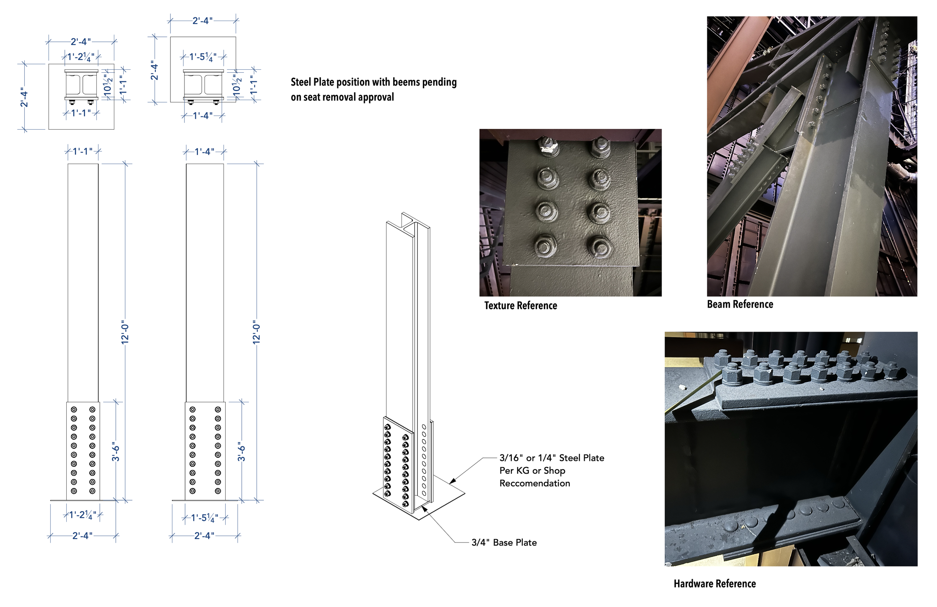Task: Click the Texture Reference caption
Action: tap(521, 305)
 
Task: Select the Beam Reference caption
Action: tap(740, 304)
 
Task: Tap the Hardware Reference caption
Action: tap(715, 583)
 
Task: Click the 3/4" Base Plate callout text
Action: tap(504, 543)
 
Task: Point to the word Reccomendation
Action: tap(534, 483)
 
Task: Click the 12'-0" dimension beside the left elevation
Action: tap(125, 332)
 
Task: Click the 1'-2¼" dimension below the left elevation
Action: tap(83, 515)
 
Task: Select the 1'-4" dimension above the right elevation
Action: tap(205, 151)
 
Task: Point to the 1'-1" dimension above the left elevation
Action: tap(83, 151)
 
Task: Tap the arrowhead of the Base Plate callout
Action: tap(424, 509)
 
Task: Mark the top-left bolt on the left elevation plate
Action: tap(73, 410)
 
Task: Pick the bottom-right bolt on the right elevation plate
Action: tap(218, 491)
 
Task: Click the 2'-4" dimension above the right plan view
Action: tap(202, 21)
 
